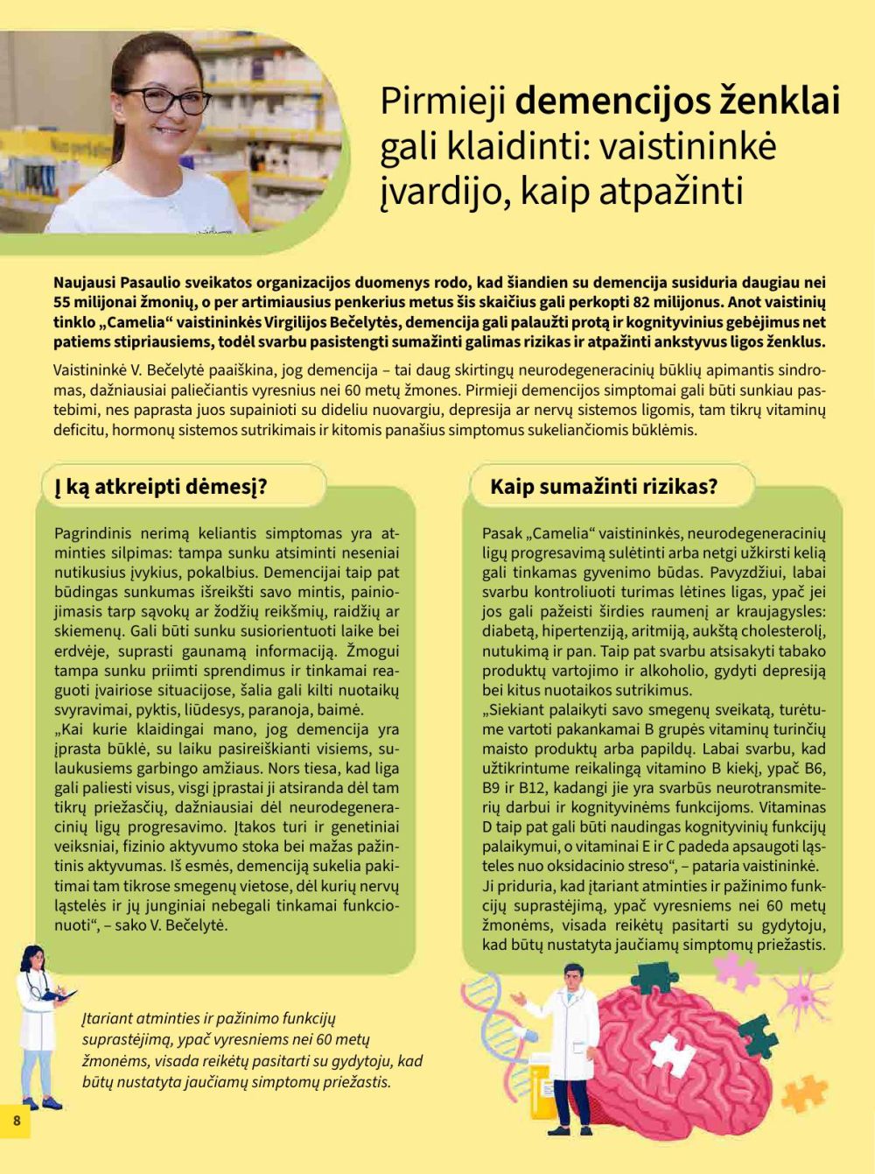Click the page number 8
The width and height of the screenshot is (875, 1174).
click(x=16, y=1120)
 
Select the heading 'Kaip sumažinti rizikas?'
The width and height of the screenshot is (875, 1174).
click(x=604, y=487)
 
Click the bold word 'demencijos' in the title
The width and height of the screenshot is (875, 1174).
click(x=612, y=101)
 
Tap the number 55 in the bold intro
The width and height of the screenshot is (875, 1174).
click(x=60, y=302)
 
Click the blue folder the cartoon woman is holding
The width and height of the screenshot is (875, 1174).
click(x=62, y=995)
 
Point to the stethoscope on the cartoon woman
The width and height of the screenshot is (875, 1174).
click(x=36, y=989)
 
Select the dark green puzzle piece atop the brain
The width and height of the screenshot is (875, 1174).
click(x=649, y=976)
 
